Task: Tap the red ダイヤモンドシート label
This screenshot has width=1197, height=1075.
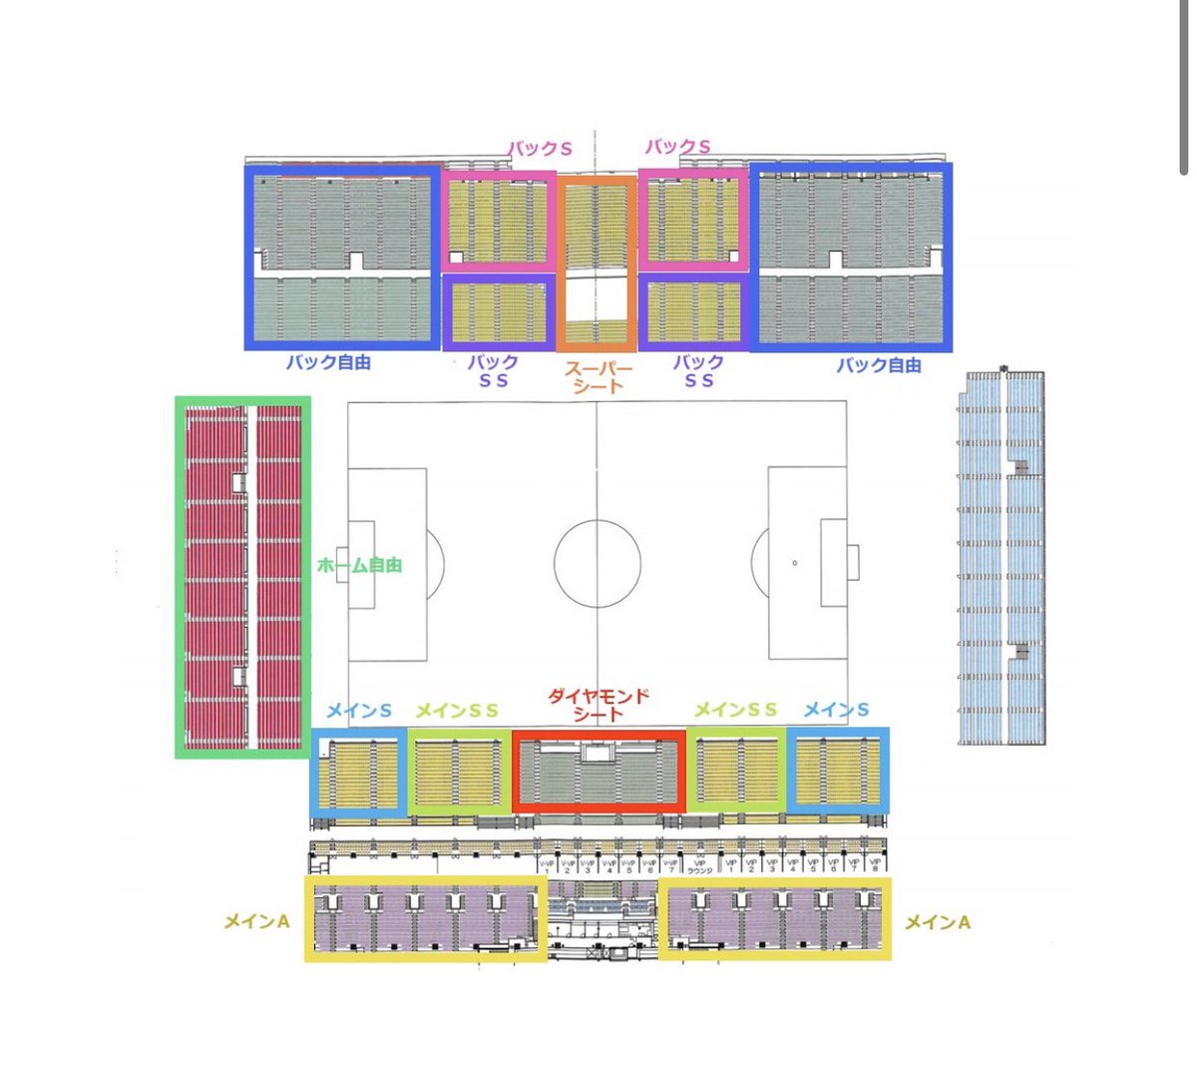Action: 598,705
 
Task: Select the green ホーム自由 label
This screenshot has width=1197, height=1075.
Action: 359,565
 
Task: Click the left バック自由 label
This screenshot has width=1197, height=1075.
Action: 328,362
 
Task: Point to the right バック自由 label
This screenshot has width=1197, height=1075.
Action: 878,365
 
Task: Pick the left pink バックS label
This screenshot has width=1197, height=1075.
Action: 541,149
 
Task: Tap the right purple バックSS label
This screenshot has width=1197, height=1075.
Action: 698,370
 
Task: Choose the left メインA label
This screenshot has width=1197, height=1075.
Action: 256,922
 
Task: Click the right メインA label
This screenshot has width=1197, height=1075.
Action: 937,922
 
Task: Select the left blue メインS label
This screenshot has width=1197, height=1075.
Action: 359,711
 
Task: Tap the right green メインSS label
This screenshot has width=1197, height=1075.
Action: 735,710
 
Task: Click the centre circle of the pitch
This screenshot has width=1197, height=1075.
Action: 597,562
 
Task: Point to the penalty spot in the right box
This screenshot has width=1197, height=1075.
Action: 794,563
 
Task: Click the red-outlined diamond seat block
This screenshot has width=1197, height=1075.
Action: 598,770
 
